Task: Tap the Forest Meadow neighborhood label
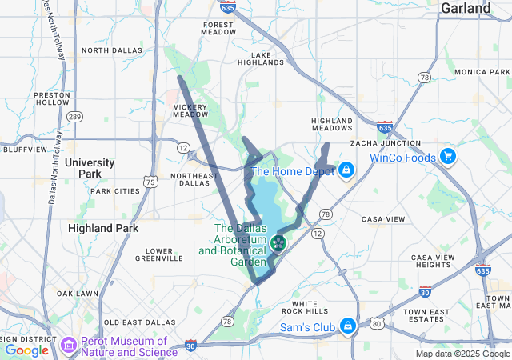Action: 218,30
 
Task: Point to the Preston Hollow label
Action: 52,98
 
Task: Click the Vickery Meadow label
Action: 190,110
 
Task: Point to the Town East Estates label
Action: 426,315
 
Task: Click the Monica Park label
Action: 482,72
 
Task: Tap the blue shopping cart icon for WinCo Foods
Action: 447,157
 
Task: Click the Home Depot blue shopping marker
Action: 346,170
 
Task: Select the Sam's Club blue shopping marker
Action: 348,326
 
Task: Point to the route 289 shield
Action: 74,117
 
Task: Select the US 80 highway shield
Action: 377,324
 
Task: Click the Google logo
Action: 26,350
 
